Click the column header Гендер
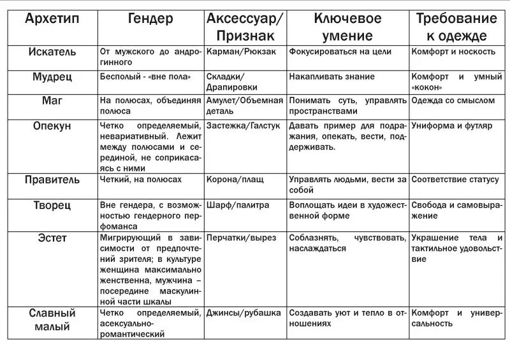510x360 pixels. tap(150, 19)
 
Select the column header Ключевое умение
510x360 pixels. tap(347, 27)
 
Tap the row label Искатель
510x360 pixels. tap(53, 52)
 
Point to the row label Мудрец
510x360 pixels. tap(53, 76)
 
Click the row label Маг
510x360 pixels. tap(53, 101)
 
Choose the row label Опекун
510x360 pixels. tap(53, 126)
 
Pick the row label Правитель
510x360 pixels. tap(53, 180)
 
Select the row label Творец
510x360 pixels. tap(53, 205)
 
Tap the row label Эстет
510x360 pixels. tap(53, 238)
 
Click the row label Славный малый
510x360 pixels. tap(53, 320)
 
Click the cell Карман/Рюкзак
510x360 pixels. tap(242, 52)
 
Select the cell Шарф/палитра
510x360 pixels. tap(238, 205)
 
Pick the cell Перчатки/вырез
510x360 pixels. tap(242, 238)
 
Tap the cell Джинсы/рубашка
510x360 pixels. tap(244, 313)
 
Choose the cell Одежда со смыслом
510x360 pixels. tap(453, 101)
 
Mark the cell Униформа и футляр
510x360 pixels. tap(451, 126)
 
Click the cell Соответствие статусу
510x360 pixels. tap(455, 180)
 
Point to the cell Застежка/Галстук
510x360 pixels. tap(243, 126)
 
